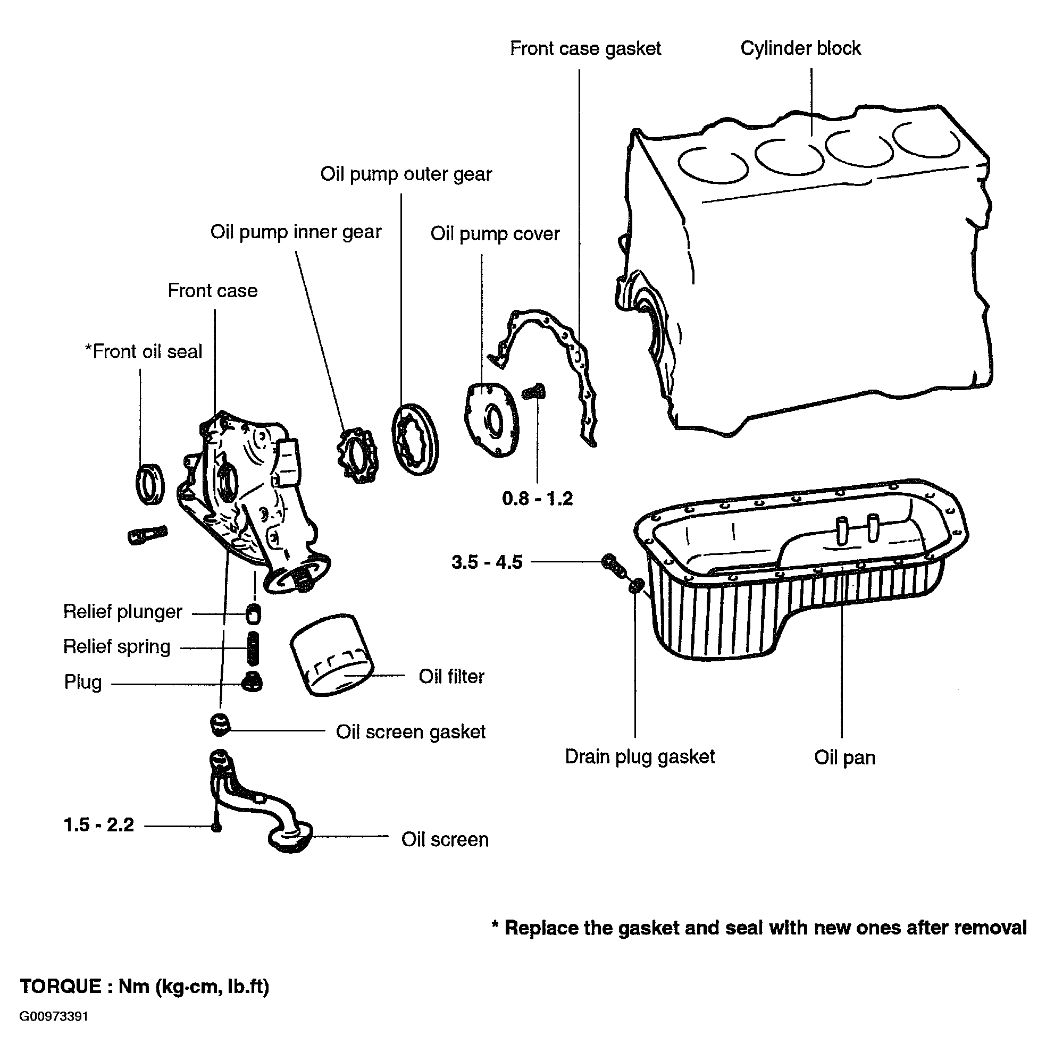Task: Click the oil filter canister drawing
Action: [331, 654]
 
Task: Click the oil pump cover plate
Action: [491, 420]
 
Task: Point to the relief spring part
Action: [253, 648]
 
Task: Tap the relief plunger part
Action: [253, 613]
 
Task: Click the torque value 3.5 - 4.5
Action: [487, 562]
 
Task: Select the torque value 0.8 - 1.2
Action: [537, 498]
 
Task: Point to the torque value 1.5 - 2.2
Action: [99, 824]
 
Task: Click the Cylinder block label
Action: [800, 48]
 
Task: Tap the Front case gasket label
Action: [585, 48]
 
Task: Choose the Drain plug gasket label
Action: [640, 757]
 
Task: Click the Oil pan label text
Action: [844, 757]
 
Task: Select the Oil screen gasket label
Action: [411, 732]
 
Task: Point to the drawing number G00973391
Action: [54, 1016]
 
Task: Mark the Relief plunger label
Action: [122, 611]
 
